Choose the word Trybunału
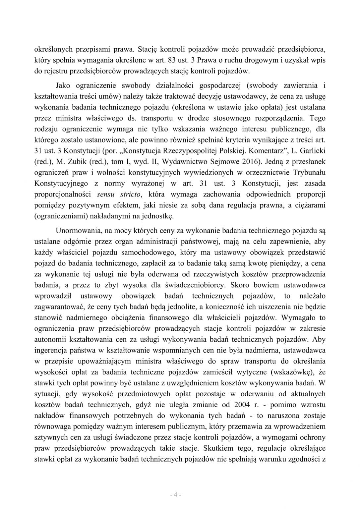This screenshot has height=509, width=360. click(310, 172)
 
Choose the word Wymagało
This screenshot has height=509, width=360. click(300, 318)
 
